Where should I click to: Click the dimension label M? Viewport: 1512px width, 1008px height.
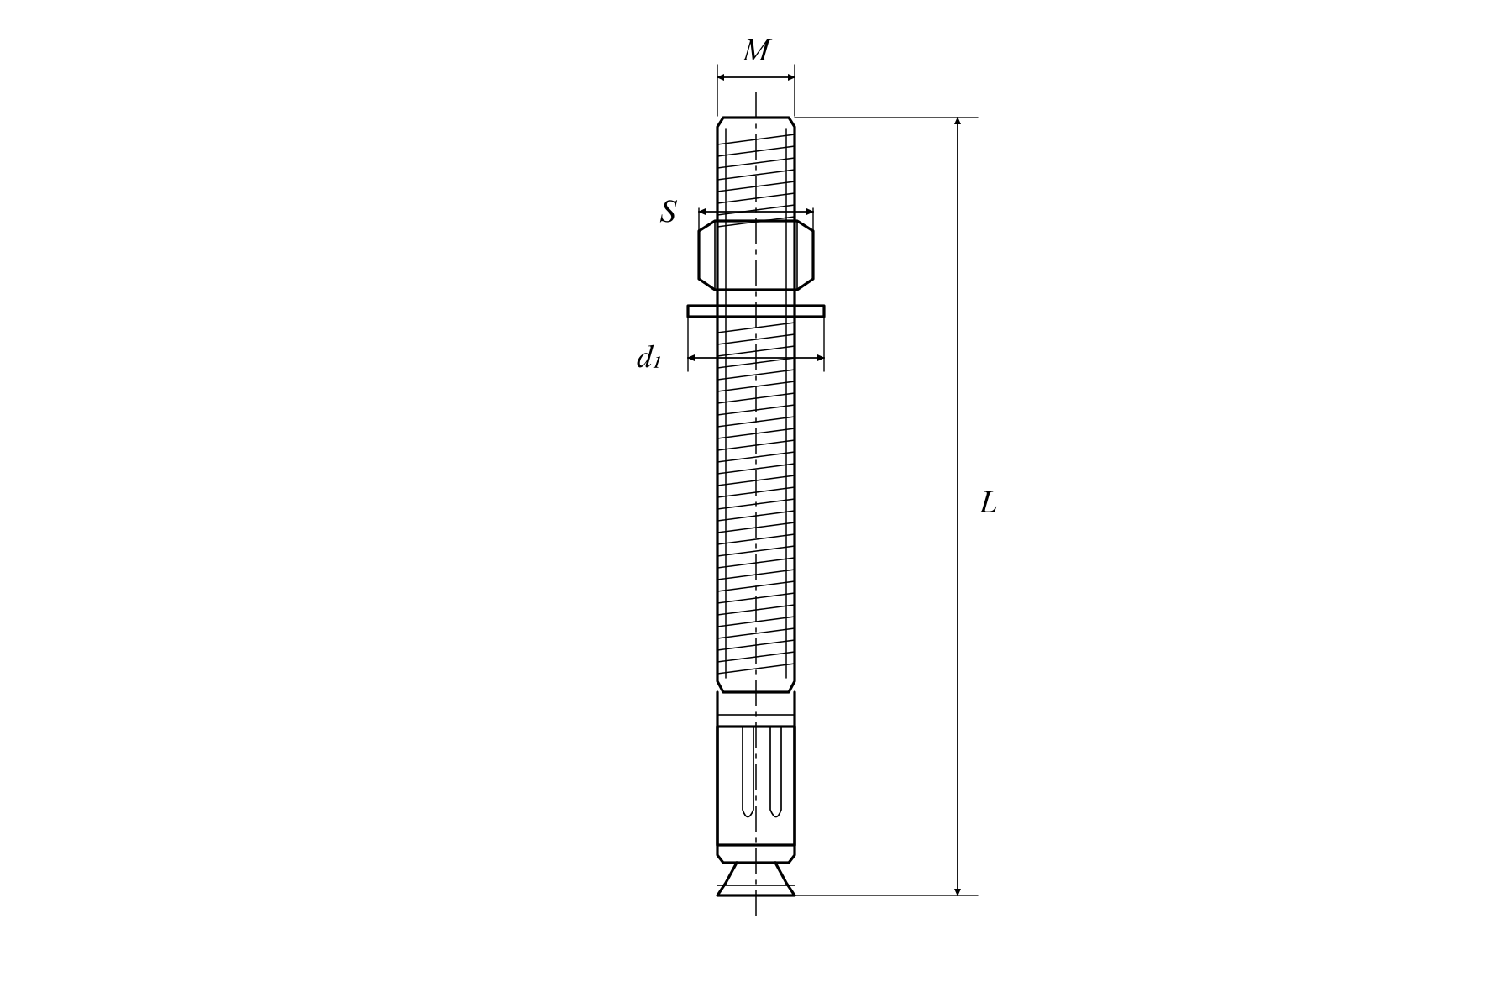coord(756,51)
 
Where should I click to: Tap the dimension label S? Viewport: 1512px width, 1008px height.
coord(669,212)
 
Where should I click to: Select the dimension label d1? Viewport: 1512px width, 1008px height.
coord(648,358)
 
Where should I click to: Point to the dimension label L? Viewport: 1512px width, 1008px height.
coord(988,503)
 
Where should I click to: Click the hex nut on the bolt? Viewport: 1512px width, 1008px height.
coord(756,255)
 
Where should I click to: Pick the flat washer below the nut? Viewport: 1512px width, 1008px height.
coord(756,311)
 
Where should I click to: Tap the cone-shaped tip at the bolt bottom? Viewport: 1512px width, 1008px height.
coord(756,879)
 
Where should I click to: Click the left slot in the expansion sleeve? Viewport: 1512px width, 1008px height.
coord(748,771)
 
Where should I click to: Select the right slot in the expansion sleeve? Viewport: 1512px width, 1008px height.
coord(775,771)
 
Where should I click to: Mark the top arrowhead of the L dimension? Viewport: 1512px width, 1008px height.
coord(958,122)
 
